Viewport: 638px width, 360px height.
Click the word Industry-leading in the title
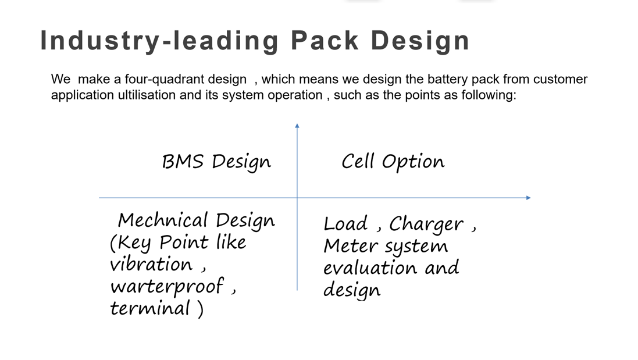[159, 41]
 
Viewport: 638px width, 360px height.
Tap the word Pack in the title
[325, 41]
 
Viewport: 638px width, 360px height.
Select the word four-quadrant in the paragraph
[186, 79]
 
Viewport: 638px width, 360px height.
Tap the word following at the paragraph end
[489, 95]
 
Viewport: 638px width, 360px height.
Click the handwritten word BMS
[182, 162]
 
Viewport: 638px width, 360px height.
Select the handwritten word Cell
[357, 161]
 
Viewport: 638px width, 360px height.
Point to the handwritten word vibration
[151, 265]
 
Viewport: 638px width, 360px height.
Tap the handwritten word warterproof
[167, 287]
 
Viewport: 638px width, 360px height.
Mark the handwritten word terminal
[149, 308]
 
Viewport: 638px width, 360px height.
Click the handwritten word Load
[346, 224]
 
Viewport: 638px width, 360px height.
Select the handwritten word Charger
[426, 224]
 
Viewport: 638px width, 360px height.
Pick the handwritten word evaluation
[370, 268]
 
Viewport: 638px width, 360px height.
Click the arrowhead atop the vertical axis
[297, 126]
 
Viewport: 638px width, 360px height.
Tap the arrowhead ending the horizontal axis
[528, 198]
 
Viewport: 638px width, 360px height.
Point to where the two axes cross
[297, 198]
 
